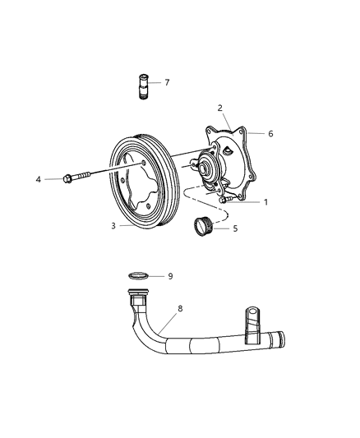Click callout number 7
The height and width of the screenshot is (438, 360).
click(x=167, y=82)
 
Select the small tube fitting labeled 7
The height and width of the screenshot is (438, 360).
click(x=141, y=85)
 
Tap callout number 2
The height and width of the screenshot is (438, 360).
click(x=219, y=108)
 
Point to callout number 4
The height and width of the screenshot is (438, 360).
click(x=38, y=178)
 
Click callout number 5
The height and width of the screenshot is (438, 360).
click(x=235, y=228)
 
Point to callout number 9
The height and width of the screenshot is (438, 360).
click(x=170, y=276)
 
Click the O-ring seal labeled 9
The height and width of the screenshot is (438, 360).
click(x=140, y=276)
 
